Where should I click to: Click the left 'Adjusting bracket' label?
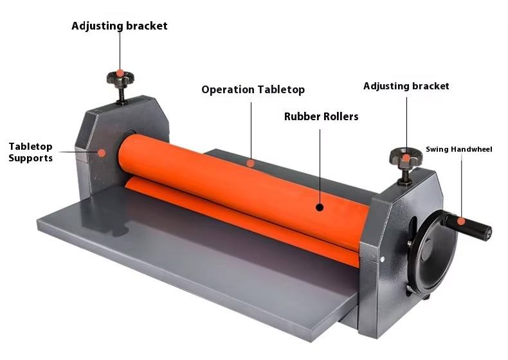[x=119, y=26]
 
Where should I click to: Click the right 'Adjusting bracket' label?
[x=406, y=86]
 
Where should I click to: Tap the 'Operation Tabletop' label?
[x=253, y=90]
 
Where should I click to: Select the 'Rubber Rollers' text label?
[x=321, y=117]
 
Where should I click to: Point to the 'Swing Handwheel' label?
[x=458, y=149]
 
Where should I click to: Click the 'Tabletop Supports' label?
[x=30, y=152]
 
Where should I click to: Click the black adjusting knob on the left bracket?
[x=121, y=78]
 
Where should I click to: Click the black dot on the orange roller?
[x=320, y=207]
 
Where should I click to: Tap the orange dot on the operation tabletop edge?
[x=251, y=163]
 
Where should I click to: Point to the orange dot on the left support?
[x=101, y=152]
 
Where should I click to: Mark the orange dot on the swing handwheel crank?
[x=460, y=221]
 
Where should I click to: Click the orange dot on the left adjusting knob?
[x=120, y=74]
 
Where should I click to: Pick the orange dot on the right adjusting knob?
[x=406, y=156]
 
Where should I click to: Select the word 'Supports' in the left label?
[x=30, y=158]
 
